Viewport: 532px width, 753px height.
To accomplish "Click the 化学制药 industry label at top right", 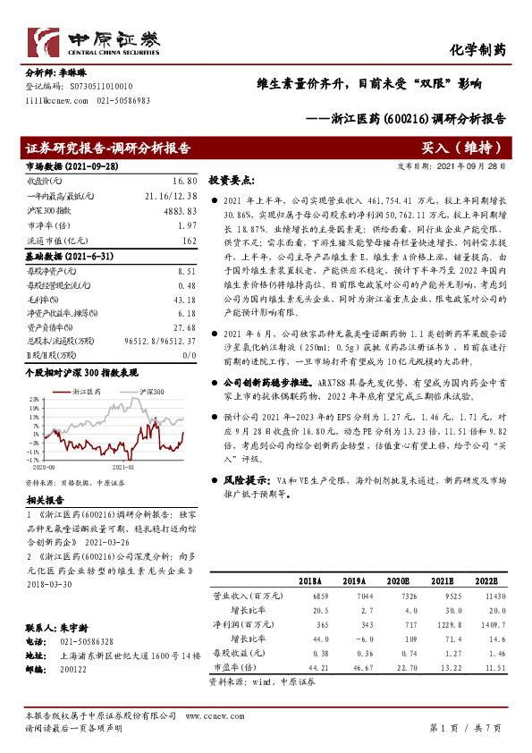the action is [480, 49].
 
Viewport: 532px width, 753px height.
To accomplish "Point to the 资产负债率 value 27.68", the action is [184, 328].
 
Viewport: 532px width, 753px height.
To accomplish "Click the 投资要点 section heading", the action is [232, 179].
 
